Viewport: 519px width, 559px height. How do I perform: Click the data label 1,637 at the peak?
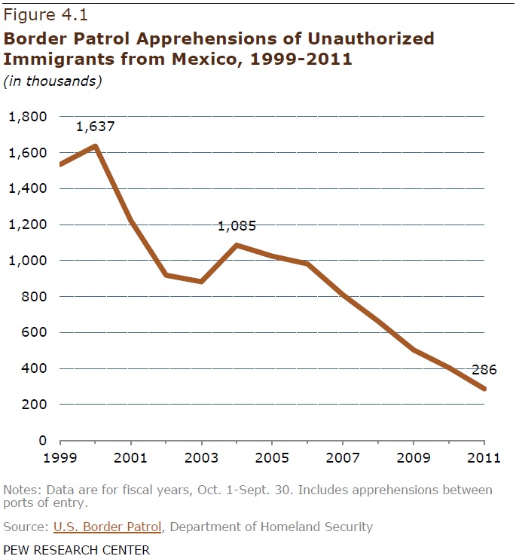tap(95, 127)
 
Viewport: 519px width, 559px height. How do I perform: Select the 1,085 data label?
tap(237, 225)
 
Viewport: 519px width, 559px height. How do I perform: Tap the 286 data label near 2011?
tap(483, 370)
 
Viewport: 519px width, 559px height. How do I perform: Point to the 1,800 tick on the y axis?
tap(27, 117)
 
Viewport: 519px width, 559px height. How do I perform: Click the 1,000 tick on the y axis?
tap(27, 261)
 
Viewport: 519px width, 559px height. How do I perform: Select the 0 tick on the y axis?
tap(42, 441)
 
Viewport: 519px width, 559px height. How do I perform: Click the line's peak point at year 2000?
tap(95, 145)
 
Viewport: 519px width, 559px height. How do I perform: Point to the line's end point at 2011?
tap(484, 389)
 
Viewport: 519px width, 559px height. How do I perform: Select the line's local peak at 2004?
tap(237, 245)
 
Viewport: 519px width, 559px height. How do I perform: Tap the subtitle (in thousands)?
tap(53, 81)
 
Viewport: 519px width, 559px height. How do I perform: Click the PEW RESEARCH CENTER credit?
tap(77, 549)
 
